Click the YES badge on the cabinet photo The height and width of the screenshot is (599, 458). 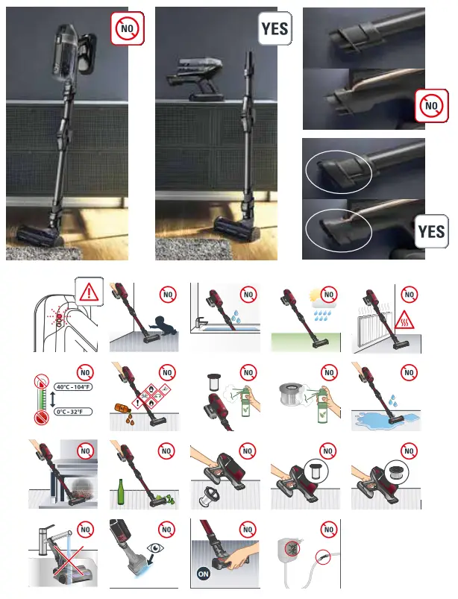[x=275, y=30]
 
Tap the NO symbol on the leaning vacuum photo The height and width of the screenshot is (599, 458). [x=127, y=29]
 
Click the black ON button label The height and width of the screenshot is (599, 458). [x=202, y=574]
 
